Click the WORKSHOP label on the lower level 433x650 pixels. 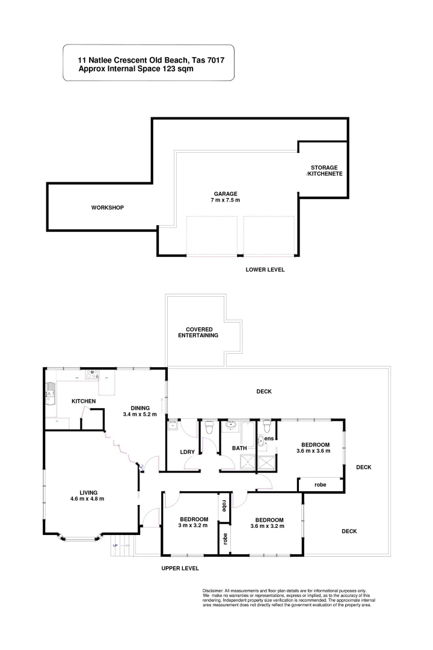point(107,208)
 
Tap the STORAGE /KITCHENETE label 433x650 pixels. point(324,170)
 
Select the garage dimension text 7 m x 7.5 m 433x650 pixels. point(225,200)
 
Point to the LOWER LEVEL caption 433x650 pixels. point(265,270)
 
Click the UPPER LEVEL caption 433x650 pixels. point(180,568)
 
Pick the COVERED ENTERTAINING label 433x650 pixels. point(198,332)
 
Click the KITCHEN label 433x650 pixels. point(84,401)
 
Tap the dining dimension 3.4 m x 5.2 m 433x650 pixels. point(140,414)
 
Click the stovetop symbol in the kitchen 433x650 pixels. point(92,373)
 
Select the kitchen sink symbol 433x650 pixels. point(48,397)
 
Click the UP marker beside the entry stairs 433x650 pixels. point(115,546)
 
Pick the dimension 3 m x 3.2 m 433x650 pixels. point(193,525)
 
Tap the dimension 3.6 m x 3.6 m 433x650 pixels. point(313,451)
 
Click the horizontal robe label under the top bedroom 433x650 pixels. point(321,484)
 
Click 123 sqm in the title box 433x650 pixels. point(178,69)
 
